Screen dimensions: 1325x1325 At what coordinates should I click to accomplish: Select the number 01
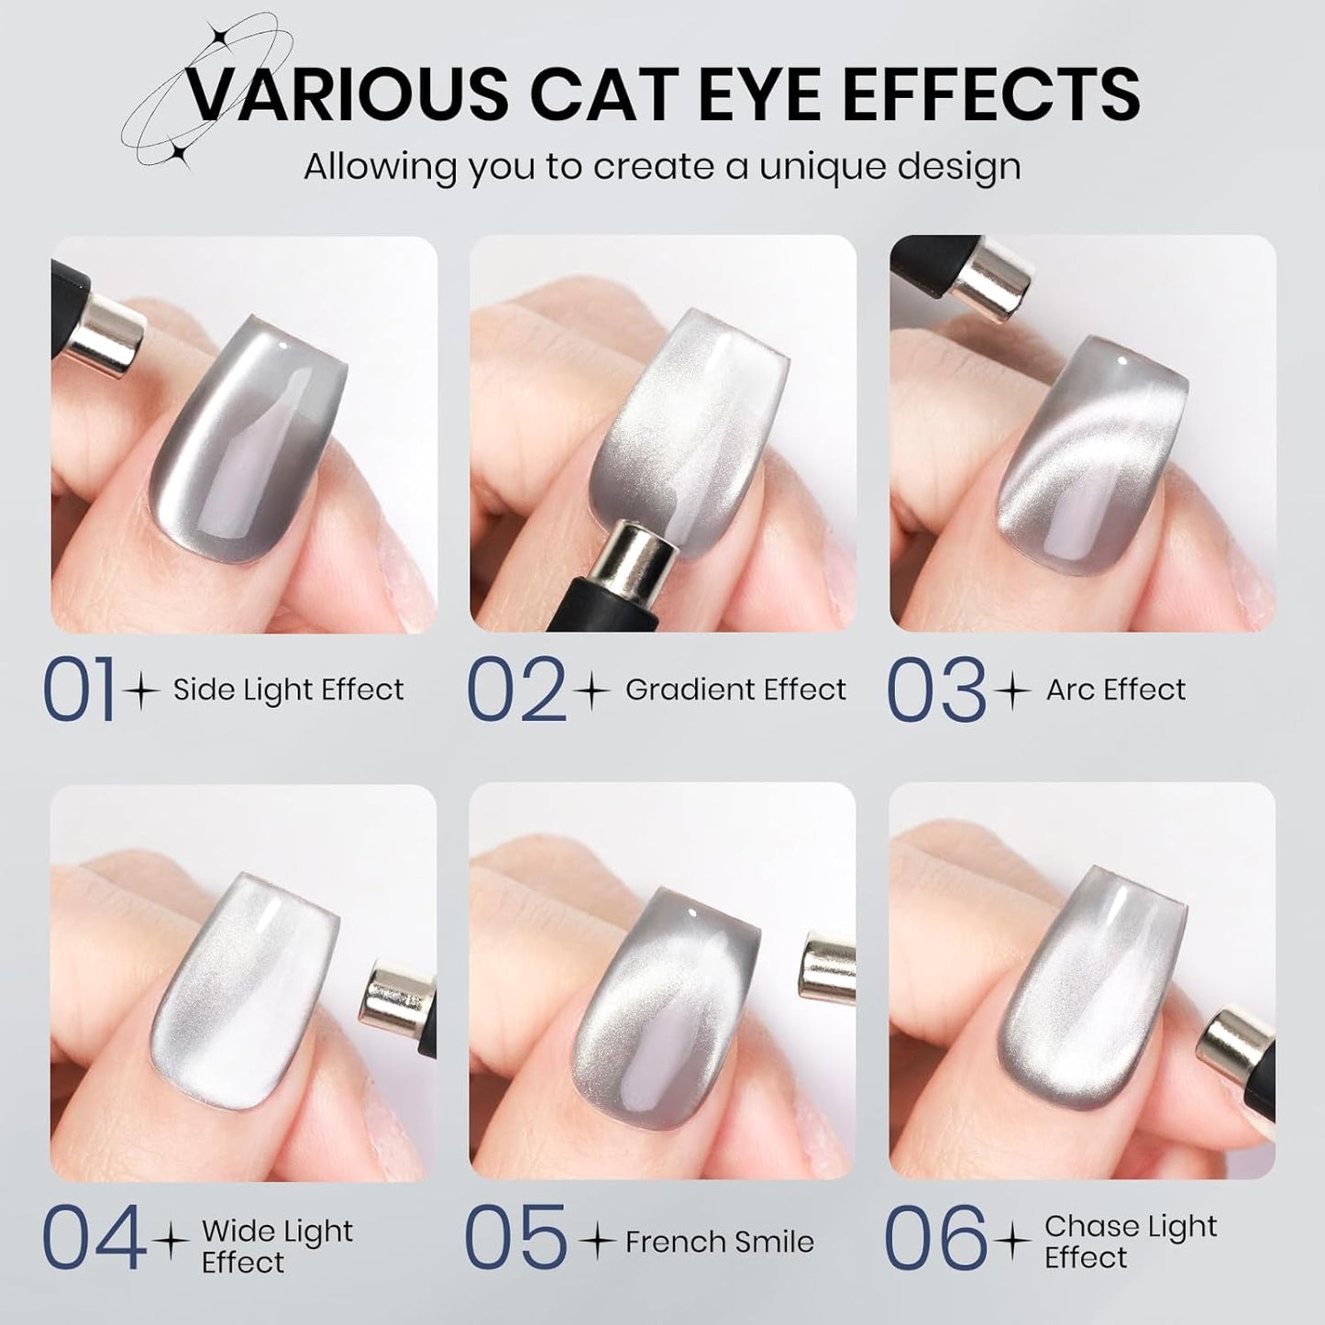pos(80,690)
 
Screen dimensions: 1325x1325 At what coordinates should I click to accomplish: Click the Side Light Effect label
pos(288,690)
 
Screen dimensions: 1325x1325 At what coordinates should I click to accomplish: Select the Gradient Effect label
pos(735,690)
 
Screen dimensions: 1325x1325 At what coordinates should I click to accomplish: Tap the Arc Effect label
pos(1115,690)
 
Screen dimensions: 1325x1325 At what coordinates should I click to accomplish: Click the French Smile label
pos(719,1242)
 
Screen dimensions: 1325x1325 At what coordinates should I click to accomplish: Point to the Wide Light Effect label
pos(277,1245)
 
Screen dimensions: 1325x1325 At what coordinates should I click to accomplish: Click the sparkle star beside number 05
pos(599,1242)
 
